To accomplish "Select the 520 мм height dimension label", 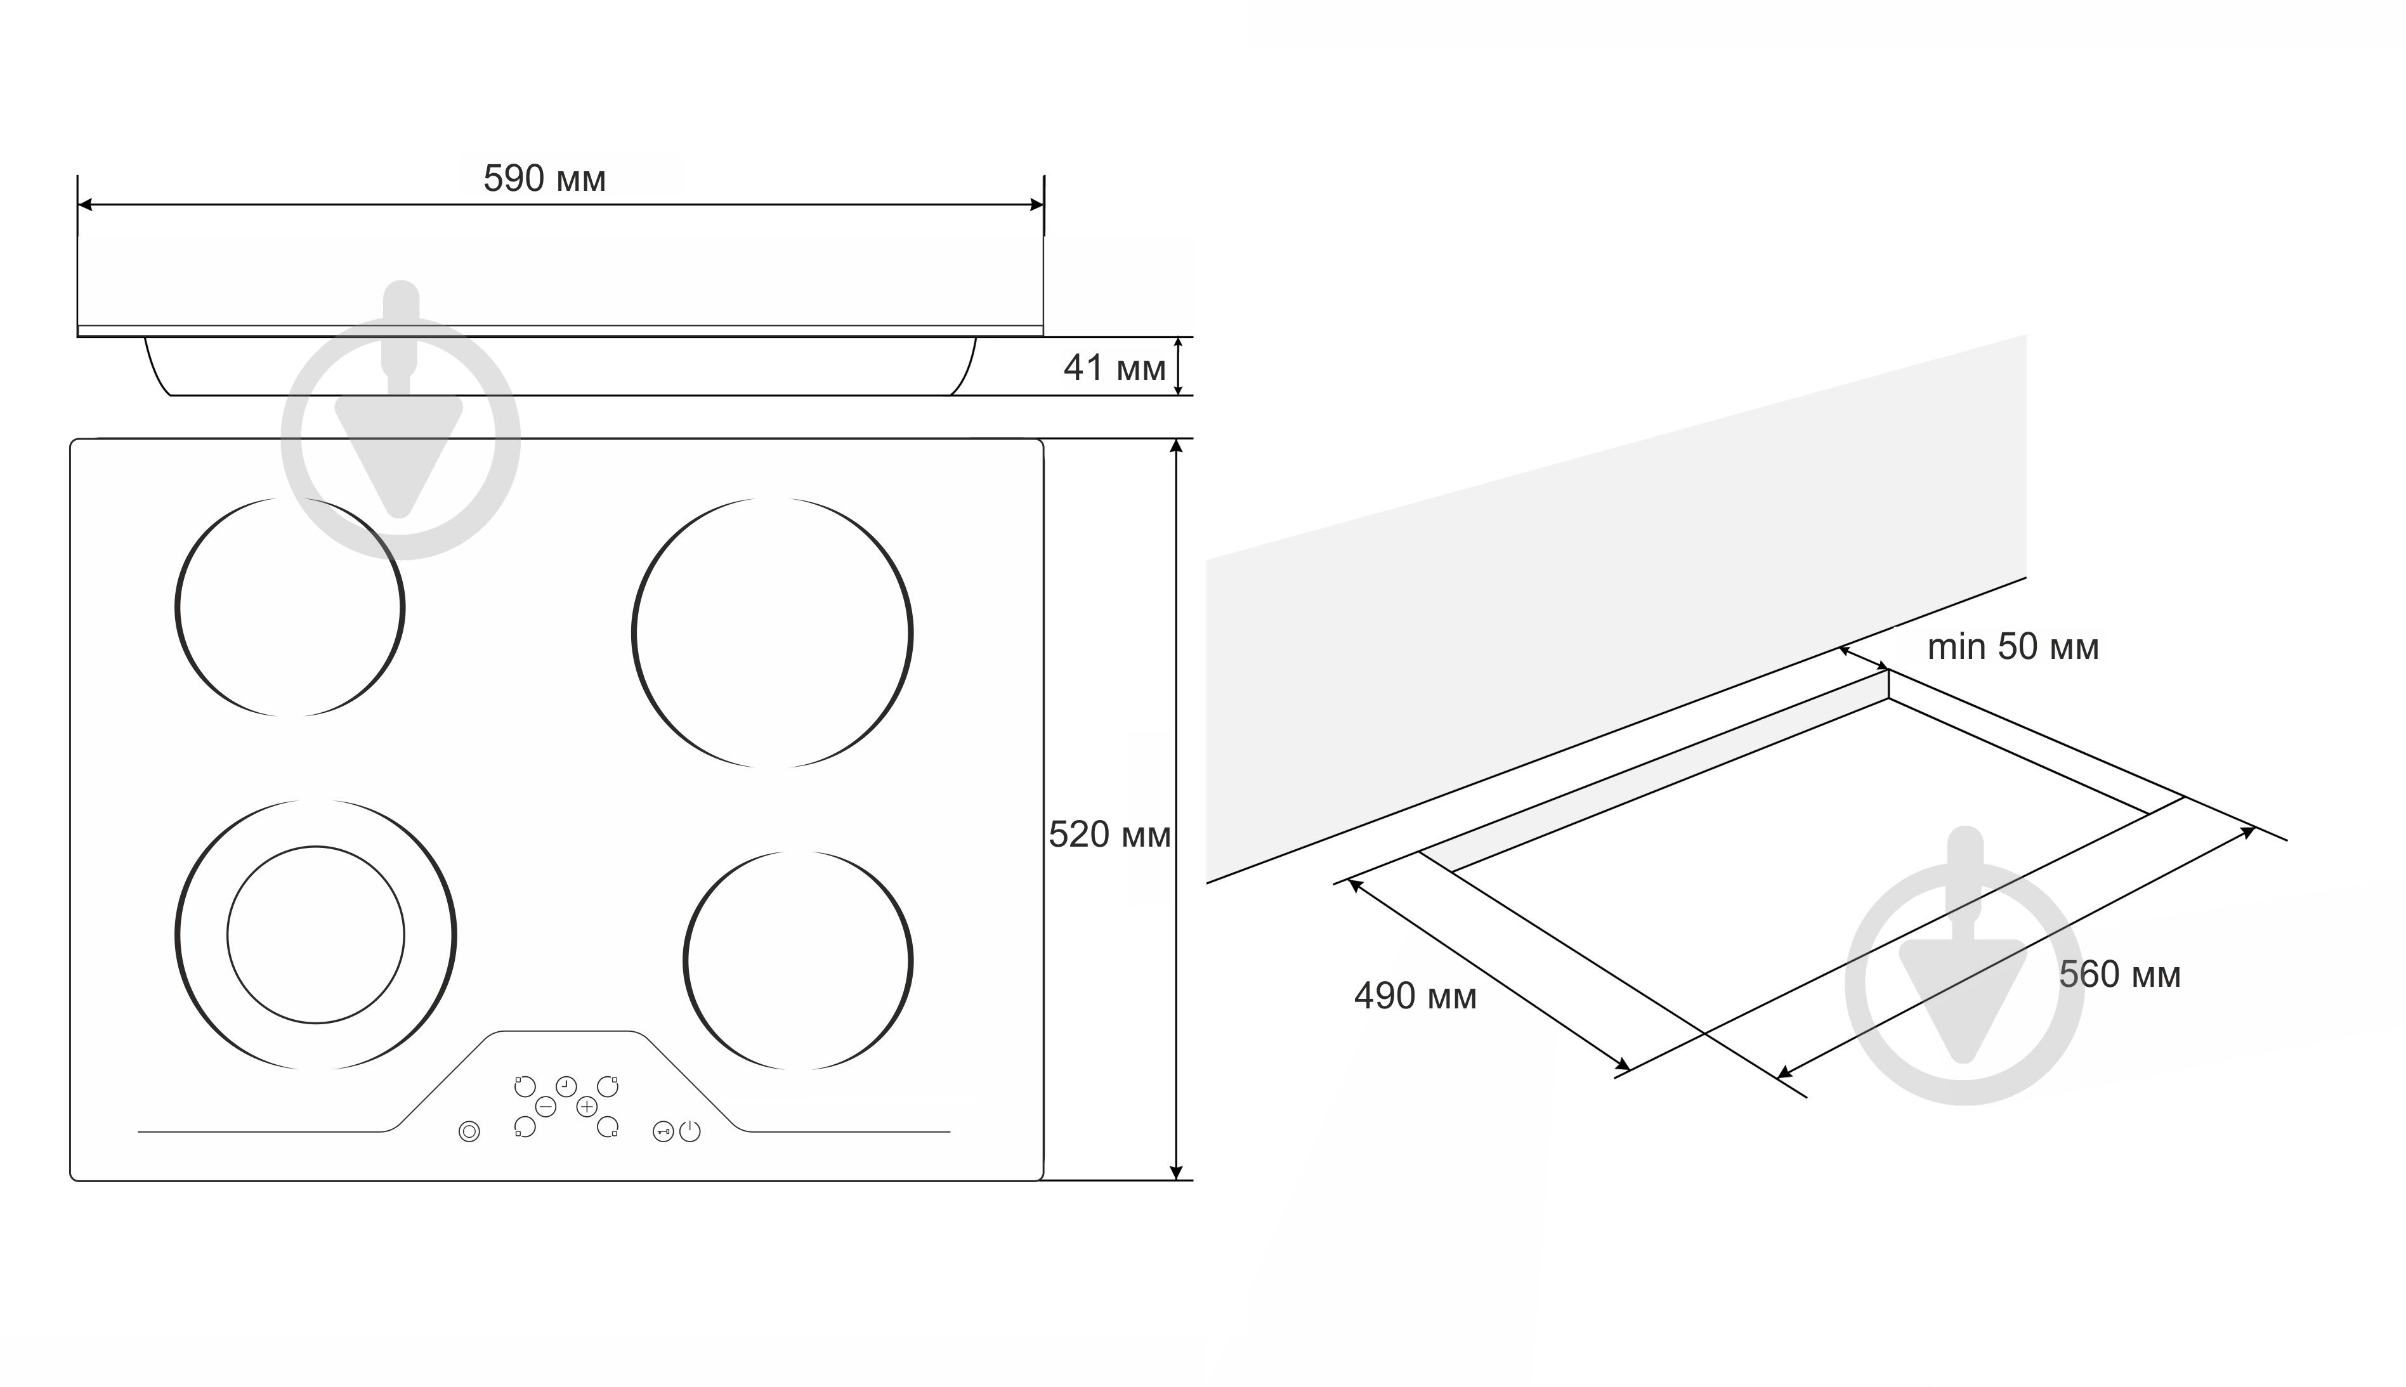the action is click(x=1109, y=835).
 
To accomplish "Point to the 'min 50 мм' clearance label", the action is click(x=2013, y=647).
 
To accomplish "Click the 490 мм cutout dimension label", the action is click(x=1415, y=996).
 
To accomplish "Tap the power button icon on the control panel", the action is click(x=690, y=1131).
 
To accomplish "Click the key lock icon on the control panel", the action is click(x=663, y=1131).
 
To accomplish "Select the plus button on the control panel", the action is click(x=587, y=1106).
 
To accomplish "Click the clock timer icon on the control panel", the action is click(x=566, y=1086).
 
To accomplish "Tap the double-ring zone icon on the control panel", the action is click(x=469, y=1131).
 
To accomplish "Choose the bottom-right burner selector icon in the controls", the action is click(x=608, y=1127).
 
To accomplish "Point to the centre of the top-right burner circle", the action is click(x=773, y=632).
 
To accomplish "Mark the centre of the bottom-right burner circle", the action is click(x=798, y=960).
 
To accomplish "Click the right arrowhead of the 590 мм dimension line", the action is click(x=1037, y=205).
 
